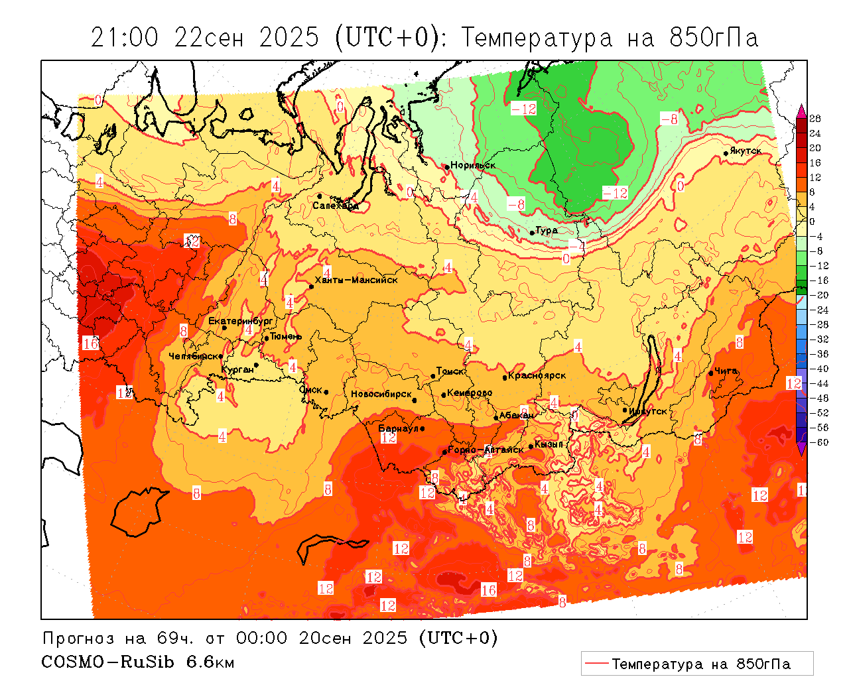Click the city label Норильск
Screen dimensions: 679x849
(473, 165)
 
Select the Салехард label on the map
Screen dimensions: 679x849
(336, 206)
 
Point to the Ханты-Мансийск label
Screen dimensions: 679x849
(356, 280)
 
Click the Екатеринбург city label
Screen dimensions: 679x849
(241, 321)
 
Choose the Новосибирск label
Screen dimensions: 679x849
(381, 394)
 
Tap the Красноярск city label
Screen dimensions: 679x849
(537, 375)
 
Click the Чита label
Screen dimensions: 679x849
(726, 371)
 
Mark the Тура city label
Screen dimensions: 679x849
(547, 230)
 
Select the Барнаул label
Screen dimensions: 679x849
(398, 428)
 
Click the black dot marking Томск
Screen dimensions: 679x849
(433, 376)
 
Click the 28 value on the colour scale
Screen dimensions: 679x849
(815, 119)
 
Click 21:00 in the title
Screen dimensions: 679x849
(125, 38)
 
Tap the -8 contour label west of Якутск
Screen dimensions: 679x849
(669, 119)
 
